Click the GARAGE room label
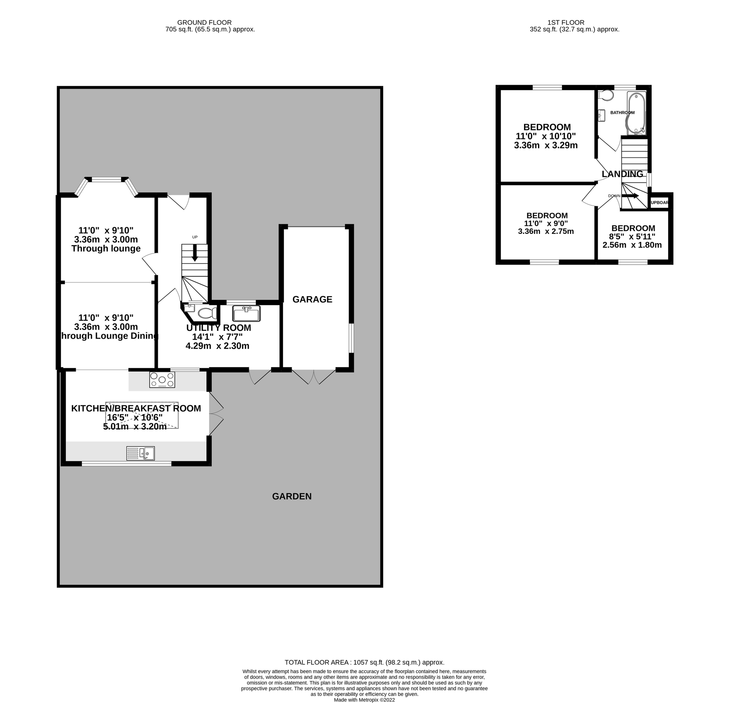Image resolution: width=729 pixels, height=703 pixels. (312, 300)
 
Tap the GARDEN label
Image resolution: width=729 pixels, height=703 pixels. (292, 496)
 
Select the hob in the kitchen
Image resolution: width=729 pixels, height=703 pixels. (162, 380)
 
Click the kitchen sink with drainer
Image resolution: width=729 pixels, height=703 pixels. (141, 453)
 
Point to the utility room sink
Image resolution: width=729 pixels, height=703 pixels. (246, 313)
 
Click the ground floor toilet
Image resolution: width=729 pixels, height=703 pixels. (207, 313)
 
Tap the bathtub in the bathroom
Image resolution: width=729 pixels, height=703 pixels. (636, 113)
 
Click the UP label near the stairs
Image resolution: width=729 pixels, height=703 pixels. (195, 237)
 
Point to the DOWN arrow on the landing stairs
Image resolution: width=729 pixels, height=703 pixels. (630, 196)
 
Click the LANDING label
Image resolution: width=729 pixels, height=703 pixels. (622, 174)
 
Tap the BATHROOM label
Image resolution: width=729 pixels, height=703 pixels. (622, 112)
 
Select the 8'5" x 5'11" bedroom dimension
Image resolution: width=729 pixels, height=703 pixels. (633, 237)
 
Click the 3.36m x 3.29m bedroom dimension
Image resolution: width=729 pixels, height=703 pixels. (545, 146)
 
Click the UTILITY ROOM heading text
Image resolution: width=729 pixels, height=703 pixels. (218, 328)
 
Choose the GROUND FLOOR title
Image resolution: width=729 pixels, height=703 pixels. (204, 23)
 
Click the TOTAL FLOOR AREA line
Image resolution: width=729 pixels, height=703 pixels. (364, 662)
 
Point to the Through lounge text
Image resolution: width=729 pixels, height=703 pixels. (106, 249)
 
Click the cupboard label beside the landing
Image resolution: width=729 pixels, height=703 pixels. (659, 203)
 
